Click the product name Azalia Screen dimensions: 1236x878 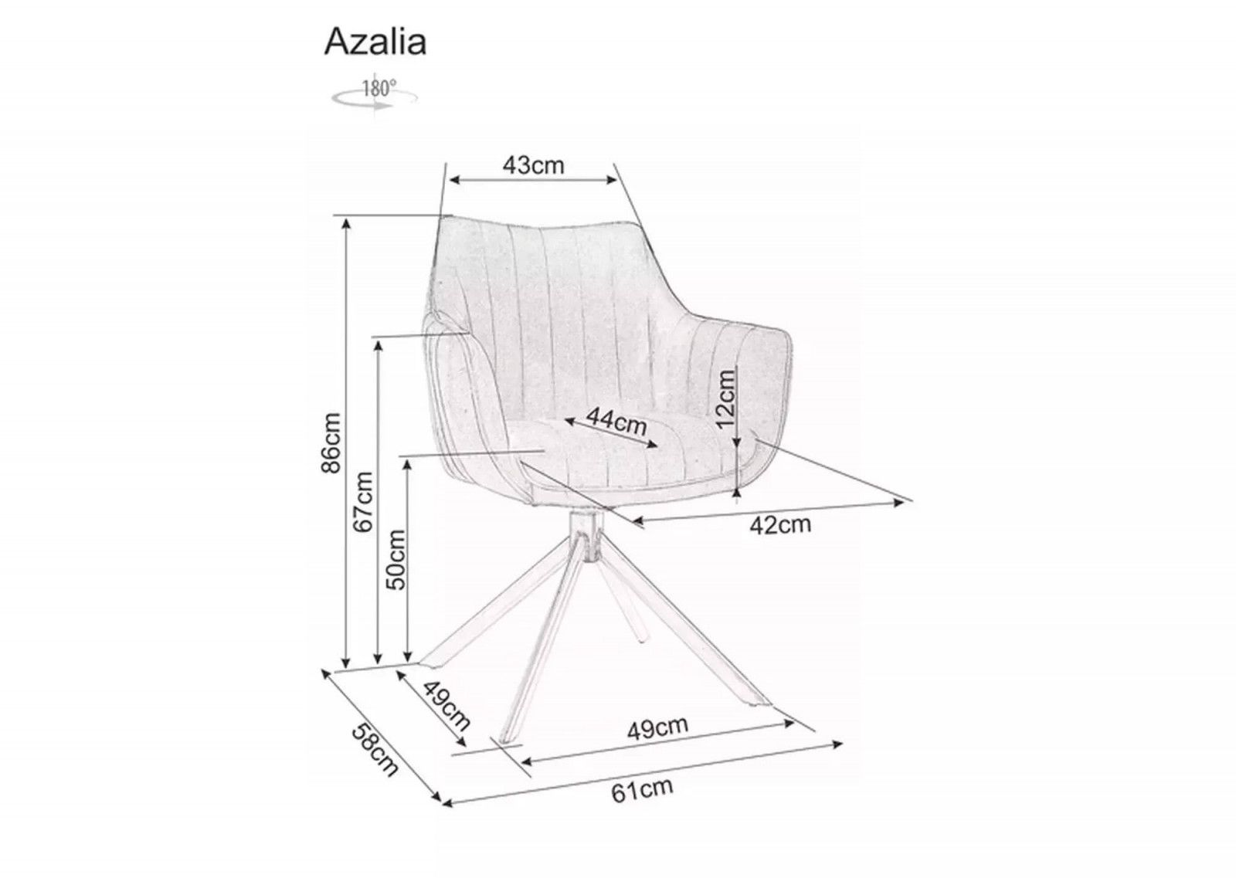(375, 42)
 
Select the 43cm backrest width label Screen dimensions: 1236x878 (534, 165)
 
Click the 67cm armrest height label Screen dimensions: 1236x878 (362, 502)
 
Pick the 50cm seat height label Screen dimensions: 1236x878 (395, 559)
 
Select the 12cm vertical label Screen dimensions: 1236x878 (725, 398)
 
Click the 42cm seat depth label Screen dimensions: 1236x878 (780, 525)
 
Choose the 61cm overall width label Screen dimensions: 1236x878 (642, 790)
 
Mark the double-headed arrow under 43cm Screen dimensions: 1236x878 (534, 180)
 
